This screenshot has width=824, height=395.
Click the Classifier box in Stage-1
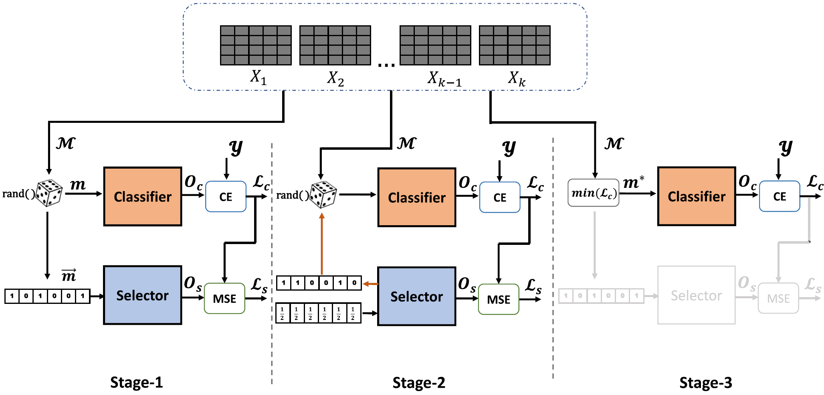(143, 197)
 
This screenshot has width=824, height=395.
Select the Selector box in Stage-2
(416, 296)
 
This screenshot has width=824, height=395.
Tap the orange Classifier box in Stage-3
(697, 196)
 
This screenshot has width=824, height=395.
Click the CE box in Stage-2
(500, 197)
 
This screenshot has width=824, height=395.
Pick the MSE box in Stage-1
(224, 298)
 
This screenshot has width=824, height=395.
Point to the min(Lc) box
(594, 193)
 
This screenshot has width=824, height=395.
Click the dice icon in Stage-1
(49, 193)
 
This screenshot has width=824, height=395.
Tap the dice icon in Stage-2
(323, 195)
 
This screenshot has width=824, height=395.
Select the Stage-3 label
(705, 383)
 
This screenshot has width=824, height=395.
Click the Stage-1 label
(136, 382)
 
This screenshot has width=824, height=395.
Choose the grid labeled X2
(335, 45)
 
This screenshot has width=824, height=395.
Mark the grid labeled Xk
(515, 45)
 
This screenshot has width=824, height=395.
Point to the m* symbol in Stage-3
(633, 183)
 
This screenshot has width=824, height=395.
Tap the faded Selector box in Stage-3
(696, 295)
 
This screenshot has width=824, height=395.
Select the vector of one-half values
(319, 313)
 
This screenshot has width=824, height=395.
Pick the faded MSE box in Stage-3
(778, 298)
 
